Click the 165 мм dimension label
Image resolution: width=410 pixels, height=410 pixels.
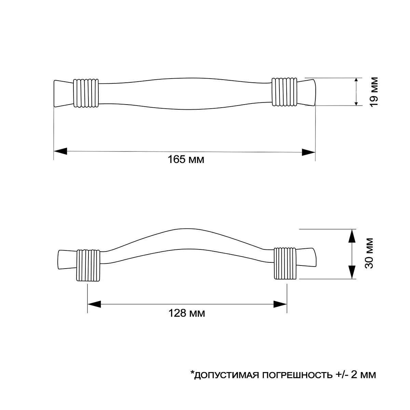tap(186, 159)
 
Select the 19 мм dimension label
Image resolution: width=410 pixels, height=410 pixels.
tap(374, 92)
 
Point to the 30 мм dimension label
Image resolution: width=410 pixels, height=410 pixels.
tap(369, 253)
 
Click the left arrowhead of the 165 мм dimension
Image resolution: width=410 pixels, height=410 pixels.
tap(60, 151)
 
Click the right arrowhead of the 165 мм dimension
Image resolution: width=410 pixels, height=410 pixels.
tap(309, 152)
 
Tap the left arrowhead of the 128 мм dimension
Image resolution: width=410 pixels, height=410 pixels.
tap(94, 304)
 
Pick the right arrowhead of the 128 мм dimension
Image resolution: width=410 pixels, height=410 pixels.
tap(280, 304)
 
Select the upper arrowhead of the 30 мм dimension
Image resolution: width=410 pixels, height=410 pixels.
tap(352, 236)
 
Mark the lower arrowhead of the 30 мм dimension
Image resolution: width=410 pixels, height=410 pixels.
tap(352, 272)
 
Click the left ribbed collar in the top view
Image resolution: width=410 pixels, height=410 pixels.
tap(86, 93)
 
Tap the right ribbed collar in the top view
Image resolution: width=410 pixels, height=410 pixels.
tap(284, 92)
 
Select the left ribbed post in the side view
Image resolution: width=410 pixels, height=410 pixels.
tap(88, 265)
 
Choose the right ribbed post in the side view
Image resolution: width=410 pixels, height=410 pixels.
tap(285, 263)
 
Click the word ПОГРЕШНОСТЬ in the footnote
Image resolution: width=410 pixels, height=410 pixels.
tap(297, 381)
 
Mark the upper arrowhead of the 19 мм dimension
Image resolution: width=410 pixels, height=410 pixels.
tap(356, 81)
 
